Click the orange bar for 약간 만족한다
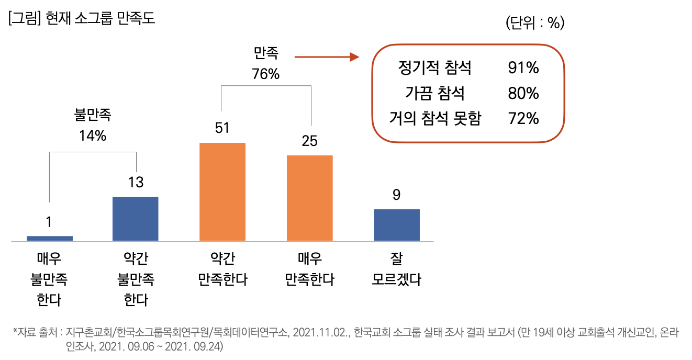(x=222, y=192)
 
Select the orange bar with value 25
(x=309, y=198)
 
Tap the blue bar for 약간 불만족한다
(x=136, y=219)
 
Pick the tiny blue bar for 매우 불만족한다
(x=49, y=238)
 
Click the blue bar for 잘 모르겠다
(x=396, y=225)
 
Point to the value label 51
(x=222, y=128)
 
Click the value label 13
(x=136, y=182)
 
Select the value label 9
(x=396, y=195)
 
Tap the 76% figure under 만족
(x=266, y=74)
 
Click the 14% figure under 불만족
(x=93, y=136)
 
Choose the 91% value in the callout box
(x=523, y=68)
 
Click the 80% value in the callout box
(x=523, y=94)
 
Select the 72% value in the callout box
(x=523, y=119)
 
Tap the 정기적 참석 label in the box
(x=435, y=68)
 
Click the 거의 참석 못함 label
(x=435, y=119)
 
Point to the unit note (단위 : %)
(x=535, y=24)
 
